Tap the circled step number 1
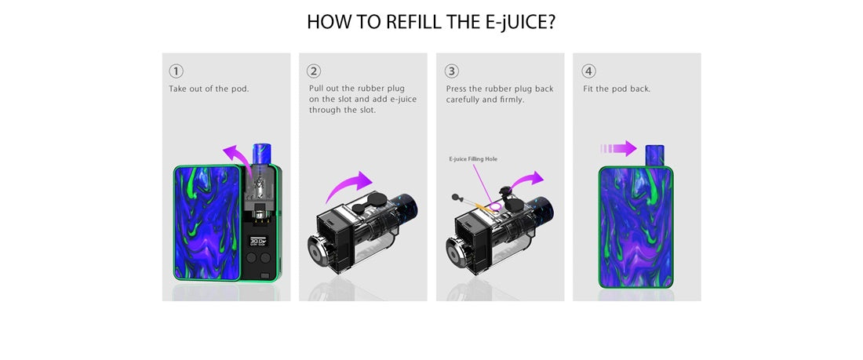[x=176, y=71]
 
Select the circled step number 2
[x=314, y=71]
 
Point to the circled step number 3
[x=451, y=71]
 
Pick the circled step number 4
[x=589, y=71]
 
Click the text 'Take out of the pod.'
[x=209, y=89]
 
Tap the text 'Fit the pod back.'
[x=617, y=89]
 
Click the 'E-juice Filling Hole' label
[x=473, y=159]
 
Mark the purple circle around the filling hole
[x=496, y=206]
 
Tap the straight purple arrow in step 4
[x=619, y=148]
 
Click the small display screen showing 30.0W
[x=258, y=241]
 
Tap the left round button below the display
[x=253, y=257]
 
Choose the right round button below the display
[x=265, y=257]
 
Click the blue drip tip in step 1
[x=260, y=154]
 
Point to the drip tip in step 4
[x=654, y=155]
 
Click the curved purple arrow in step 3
[x=526, y=182]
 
